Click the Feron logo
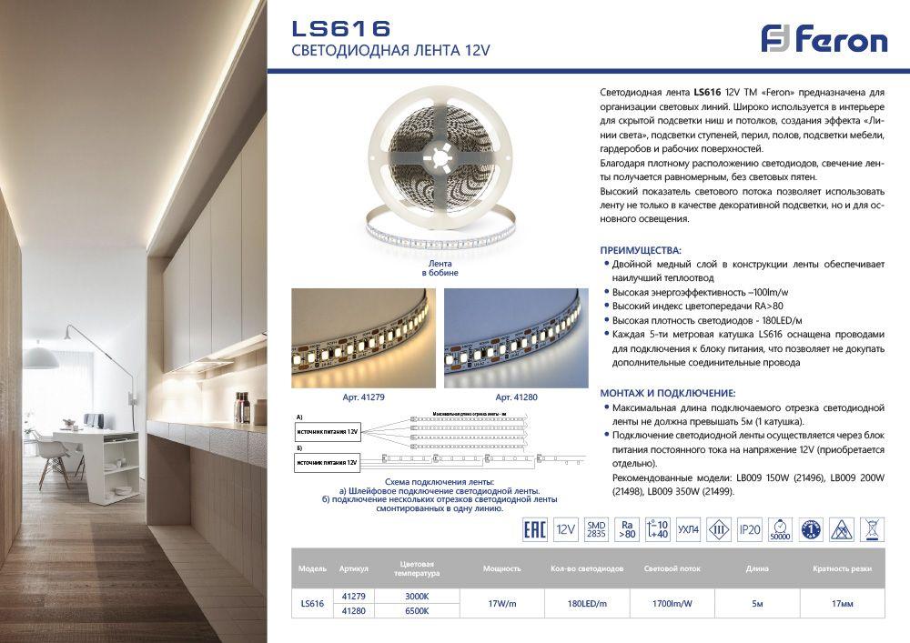tap(824, 39)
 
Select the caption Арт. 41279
tap(362, 397)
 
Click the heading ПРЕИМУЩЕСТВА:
tap(641, 249)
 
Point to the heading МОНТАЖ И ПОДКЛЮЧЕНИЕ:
tap(667, 393)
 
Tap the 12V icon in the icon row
tap(565, 529)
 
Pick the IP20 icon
tap(749, 529)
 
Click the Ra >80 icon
tap(627, 529)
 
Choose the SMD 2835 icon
tap(596, 529)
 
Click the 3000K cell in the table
tap(416, 596)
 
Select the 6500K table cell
tap(416, 610)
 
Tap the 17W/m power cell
tap(501, 603)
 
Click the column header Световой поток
tap(672, 568)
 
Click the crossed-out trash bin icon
tap(872, 529)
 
